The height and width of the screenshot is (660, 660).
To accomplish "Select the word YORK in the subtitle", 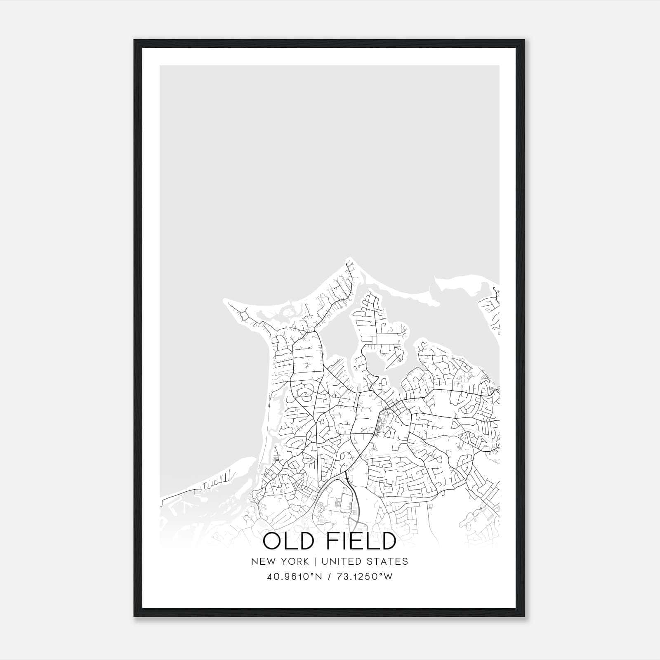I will [x=294, y=561].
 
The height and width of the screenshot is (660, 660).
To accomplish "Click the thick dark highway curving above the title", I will [x=356, y=507].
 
